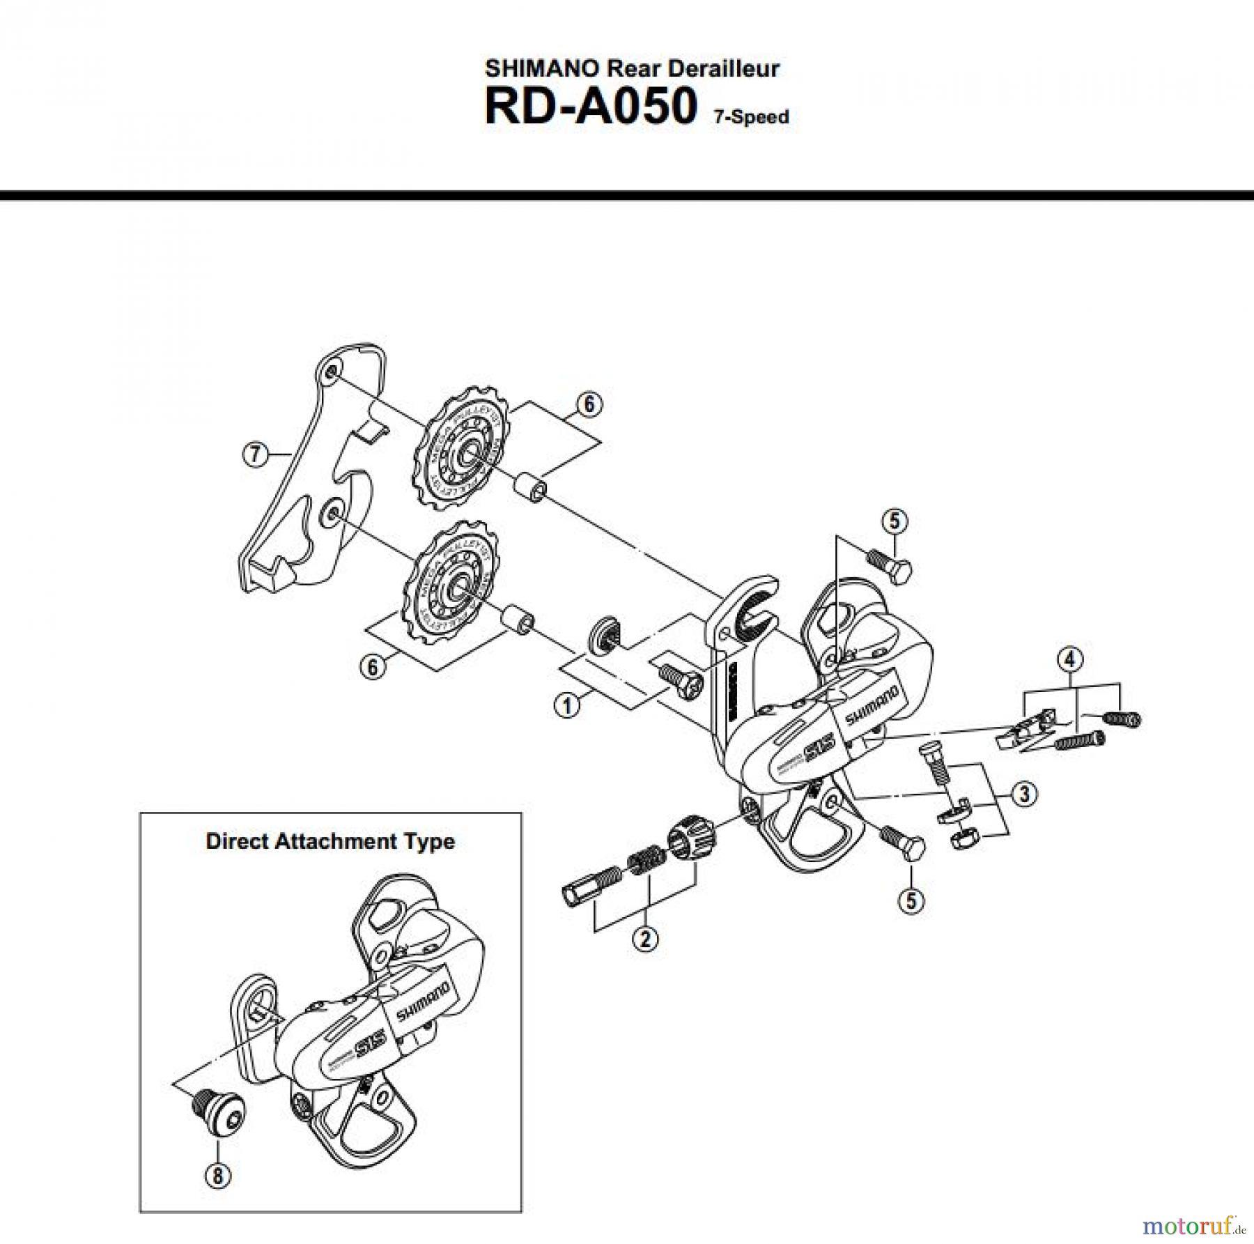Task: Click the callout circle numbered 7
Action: [254, 454]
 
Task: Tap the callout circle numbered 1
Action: [566, 705]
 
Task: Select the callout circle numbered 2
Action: [645, 939]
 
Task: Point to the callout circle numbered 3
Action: [1023, 794]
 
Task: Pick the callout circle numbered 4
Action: [1070, 658]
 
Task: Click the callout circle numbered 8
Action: [217, 1176]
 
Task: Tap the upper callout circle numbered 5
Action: [895, 521]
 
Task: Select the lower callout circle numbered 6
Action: [373, 667]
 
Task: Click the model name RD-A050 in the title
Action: [590, 107]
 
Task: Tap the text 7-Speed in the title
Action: [751, 117]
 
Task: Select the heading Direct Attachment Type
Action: [330, 841]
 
